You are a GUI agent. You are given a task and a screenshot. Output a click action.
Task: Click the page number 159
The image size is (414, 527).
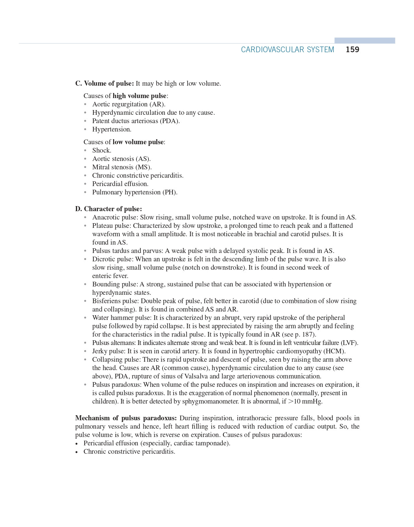pyautogui.click(x=352, y=50)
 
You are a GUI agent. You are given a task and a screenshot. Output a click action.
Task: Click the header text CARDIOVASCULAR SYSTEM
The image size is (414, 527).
pyautogui.click(x=287, y=50)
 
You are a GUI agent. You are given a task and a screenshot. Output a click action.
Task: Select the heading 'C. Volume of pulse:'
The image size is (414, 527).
pyautogui.click(x=104, y=83)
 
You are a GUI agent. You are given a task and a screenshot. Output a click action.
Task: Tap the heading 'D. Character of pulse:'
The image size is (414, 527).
pyautogui.click(x=108, y=209)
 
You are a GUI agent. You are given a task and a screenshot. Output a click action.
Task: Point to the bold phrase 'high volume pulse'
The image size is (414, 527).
pyautogui.click(x=139, y=96)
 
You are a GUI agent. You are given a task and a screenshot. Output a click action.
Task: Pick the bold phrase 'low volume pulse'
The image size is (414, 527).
pyautogui.click(x=138, y=142)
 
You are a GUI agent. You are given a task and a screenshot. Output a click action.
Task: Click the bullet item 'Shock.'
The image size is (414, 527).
pyautogui.click(x=102, y=150)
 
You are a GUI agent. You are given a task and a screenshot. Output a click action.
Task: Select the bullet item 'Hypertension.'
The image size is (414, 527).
pyautogui.click(x=112, y=129)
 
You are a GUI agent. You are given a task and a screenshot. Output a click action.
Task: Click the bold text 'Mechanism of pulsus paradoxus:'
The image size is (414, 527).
pyautogui.click(x=126, y=418)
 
